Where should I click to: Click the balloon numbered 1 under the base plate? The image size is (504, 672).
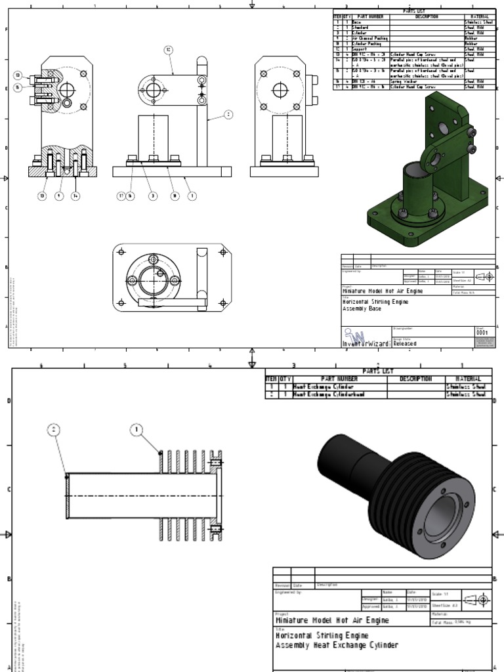(191, 196)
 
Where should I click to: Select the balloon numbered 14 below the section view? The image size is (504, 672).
(75, 196)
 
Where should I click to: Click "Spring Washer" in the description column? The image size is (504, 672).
(404, 81)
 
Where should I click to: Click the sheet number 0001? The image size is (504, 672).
(483, 333)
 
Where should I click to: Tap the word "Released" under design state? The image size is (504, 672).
(404, 343)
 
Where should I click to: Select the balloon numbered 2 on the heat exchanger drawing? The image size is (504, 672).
(54, 430)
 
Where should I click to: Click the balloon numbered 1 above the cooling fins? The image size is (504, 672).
(137, 430)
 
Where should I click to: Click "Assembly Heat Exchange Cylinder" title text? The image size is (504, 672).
(336, 646)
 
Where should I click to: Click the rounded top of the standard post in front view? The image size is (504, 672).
(201, 60)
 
